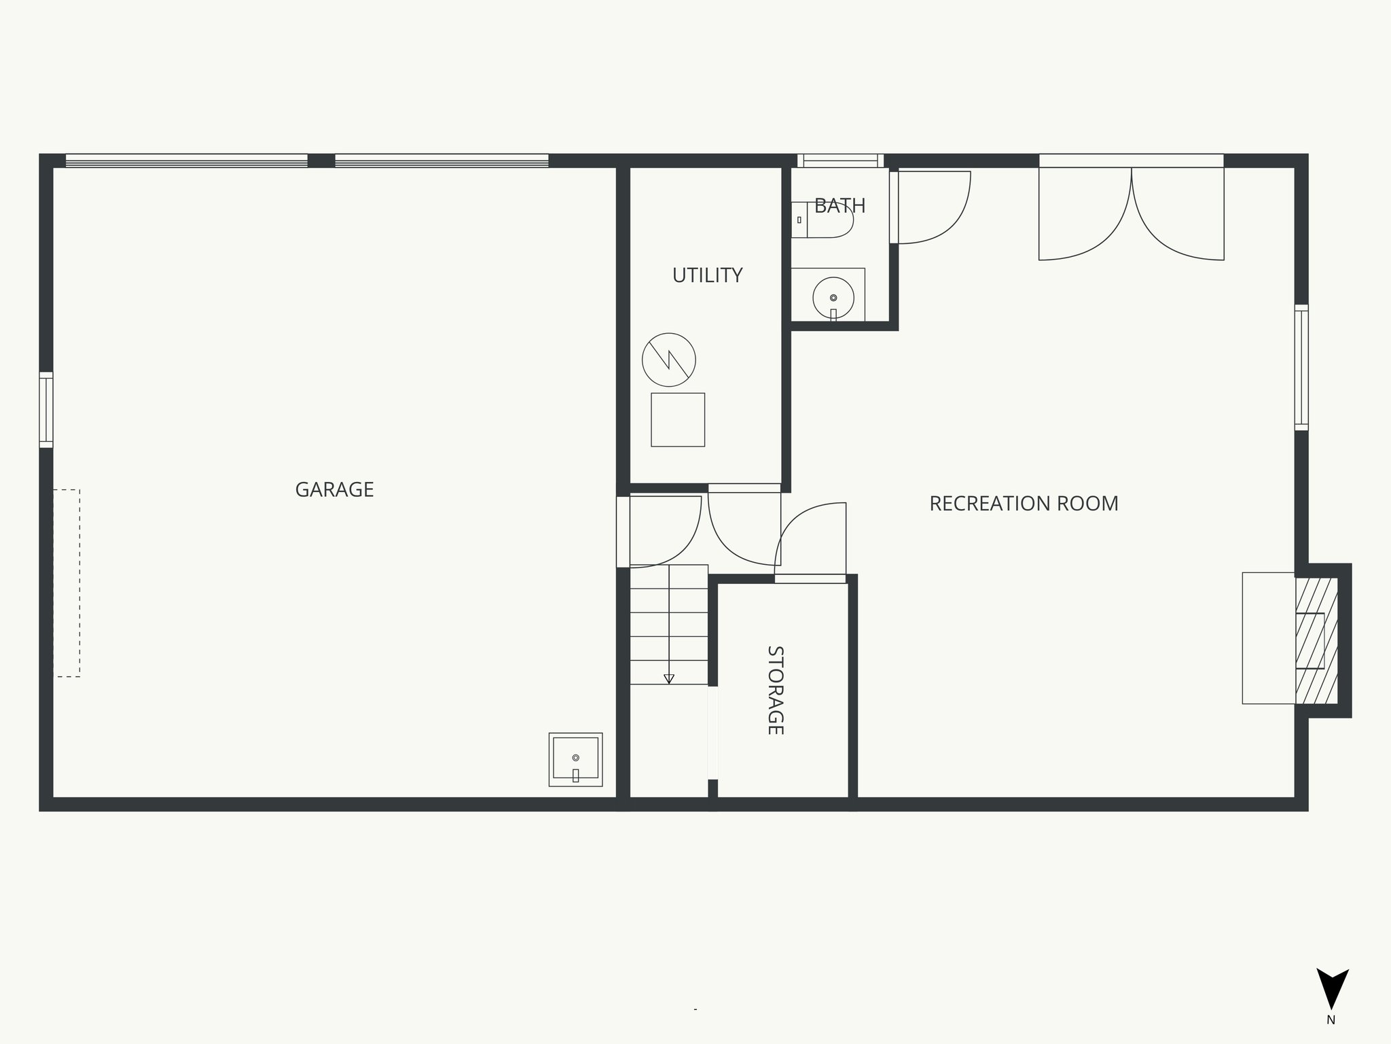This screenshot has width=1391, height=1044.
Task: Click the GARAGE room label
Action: point(334,489)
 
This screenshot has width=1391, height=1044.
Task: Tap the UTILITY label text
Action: point(707,275)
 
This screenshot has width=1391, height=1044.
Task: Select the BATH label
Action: point(839,205)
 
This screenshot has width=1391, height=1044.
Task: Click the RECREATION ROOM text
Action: point(1024,504)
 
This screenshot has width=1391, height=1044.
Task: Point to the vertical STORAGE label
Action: point(775,690)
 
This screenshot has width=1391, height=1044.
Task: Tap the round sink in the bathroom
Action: point(833,298)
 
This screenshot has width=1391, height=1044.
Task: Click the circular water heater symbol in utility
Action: point(669,360)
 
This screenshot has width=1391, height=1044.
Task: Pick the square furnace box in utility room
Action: point(678,419)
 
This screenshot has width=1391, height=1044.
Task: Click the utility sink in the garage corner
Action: point(575,759)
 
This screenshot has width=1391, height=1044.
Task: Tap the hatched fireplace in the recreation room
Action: point(1317,640)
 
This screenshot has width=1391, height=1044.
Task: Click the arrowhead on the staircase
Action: point(669,678)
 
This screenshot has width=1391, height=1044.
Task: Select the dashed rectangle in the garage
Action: point(67,582)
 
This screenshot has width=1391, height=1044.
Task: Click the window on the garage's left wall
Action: point(46,410)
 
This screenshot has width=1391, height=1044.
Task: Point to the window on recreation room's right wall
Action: point(1301,367)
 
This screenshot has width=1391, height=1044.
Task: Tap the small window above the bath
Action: point(840,161)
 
